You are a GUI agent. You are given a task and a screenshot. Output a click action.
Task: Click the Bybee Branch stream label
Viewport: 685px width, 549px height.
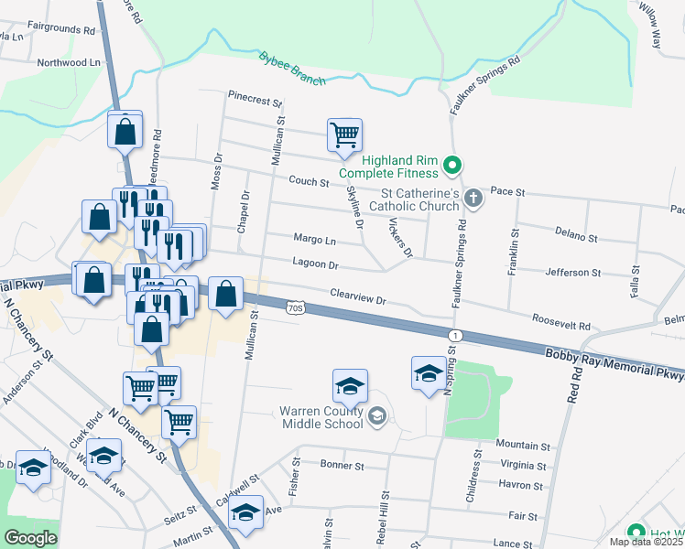click(291, 69)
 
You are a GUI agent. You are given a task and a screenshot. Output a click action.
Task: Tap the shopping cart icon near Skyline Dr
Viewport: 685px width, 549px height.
click(345, 135)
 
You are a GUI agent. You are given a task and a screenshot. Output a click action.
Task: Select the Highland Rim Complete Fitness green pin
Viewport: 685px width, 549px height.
click(451, 167)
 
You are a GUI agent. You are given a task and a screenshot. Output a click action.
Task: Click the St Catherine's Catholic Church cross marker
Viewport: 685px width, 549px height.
click(473, 198)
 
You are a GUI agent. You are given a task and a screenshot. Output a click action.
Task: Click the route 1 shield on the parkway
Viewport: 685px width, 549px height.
click(455, 336)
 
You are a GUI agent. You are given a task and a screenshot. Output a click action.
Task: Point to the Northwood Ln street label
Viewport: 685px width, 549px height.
click(68, 63)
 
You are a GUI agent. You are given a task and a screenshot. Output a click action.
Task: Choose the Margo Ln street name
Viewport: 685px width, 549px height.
click(314, 241)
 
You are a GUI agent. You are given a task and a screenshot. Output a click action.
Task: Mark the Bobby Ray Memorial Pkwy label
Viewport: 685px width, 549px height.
click(614, 364)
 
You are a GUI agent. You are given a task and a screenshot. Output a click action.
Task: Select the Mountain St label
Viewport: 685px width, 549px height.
click(523, 446)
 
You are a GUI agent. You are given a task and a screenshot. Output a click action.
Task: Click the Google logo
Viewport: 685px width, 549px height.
click(31, 538)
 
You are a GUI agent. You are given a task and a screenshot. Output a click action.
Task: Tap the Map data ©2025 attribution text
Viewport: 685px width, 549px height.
click(646, 542)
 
